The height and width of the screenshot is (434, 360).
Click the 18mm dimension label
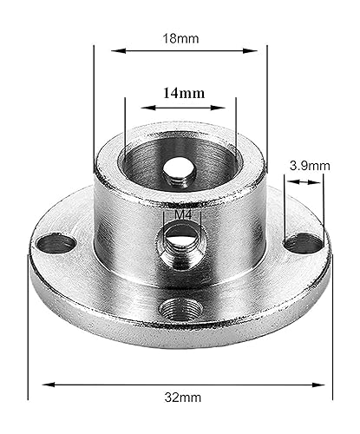[180, 38]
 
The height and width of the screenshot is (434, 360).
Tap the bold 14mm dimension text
[184, 93]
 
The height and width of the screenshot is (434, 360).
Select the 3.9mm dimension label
[310, 166]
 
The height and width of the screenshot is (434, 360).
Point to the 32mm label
[183, 398]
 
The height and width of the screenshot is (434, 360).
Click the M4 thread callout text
[183, 215]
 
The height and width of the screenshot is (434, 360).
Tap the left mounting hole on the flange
[56, 243]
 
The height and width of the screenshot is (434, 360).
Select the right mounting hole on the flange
[304, 244]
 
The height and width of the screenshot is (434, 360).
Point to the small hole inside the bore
[180, 170]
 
